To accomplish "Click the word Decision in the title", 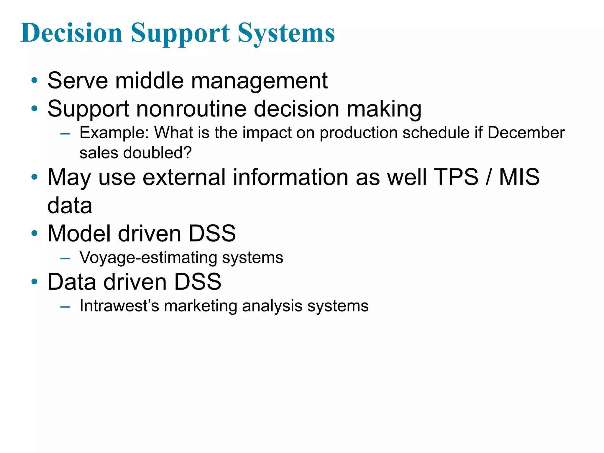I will (72, 33).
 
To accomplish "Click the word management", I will (259, 81).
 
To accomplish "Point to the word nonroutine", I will (191, 109).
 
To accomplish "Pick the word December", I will (526, 133).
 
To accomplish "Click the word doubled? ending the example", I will (157, 153).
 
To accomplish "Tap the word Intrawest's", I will (119, 306).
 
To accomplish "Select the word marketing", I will (201, 306).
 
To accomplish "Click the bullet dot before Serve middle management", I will (35, 81).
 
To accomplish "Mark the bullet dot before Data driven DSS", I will (35, 282).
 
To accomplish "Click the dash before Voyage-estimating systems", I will (65, 259).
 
